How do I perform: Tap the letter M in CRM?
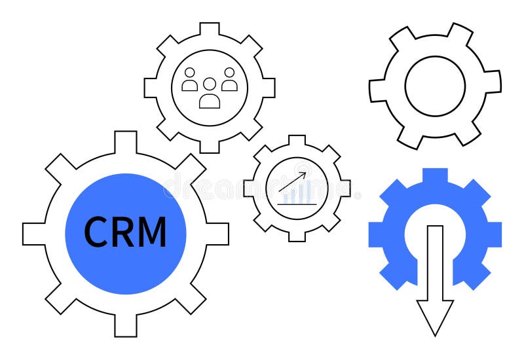(153, 232)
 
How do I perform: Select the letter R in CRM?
(122, 232)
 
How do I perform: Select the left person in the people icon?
(190, 81)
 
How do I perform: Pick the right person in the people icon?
(229, 81)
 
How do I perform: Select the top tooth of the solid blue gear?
(435, 175)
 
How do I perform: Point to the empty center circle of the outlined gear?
(435, 86)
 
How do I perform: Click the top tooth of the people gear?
(210, 29)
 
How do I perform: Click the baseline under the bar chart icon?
(297, 204)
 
